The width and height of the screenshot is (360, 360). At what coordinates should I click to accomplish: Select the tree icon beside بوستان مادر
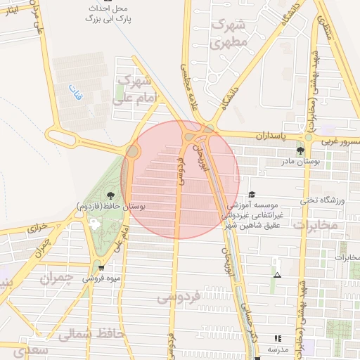point(301,150)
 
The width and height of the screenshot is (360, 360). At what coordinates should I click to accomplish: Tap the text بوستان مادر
point(301,162)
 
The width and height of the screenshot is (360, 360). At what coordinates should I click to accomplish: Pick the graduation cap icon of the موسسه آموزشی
point(252,195)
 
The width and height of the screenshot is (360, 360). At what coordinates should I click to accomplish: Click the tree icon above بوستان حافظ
point(110,195)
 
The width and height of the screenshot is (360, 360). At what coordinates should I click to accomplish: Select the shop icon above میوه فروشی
point(102,268)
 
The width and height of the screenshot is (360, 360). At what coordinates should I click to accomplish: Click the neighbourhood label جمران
point(56,278)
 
